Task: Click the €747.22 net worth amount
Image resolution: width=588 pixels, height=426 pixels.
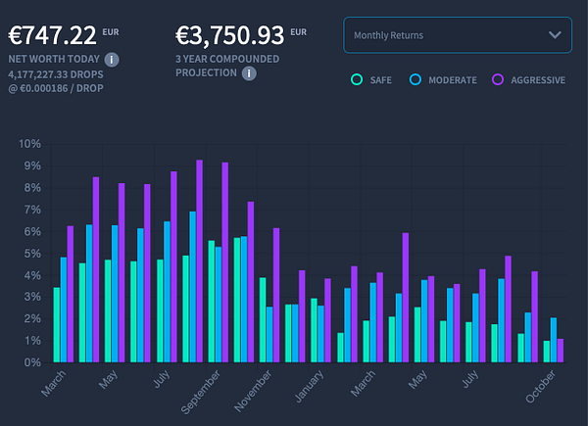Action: (x=53, y=36)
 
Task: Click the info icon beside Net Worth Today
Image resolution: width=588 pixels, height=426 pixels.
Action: (x=112, y=60)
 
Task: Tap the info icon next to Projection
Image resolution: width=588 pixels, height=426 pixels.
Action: (x=251, y=72)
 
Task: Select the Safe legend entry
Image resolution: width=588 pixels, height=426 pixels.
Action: (x=369, y=79)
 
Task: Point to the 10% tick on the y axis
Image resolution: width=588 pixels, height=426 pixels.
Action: (x=29, y=144)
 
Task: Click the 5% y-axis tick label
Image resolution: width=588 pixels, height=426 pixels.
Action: (x=31, y=254)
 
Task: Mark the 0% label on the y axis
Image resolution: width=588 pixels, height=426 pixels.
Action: (x=31, y=362)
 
